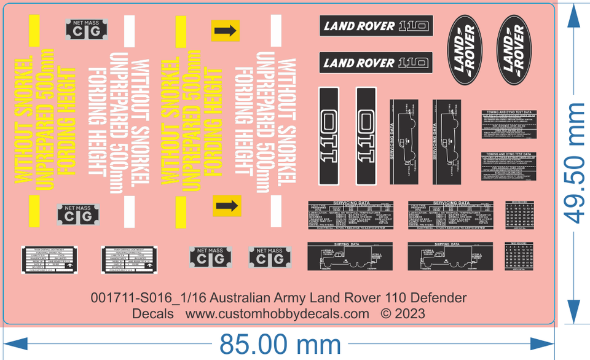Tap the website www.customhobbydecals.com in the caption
277,313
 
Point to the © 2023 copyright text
403,313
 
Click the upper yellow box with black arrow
225,30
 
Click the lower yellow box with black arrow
225,206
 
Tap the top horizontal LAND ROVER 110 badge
376,26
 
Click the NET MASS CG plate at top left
86,28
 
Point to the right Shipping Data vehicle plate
450,256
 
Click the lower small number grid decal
517,256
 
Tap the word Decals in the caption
153,313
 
